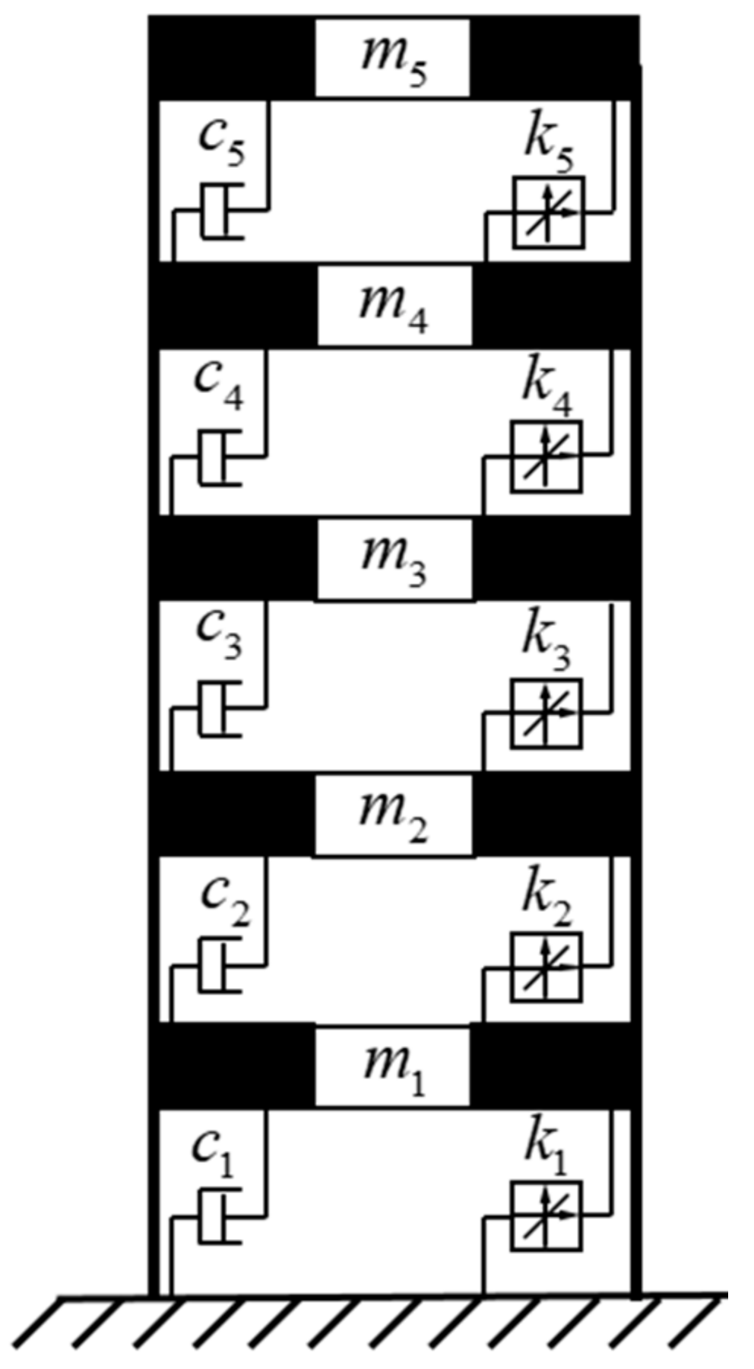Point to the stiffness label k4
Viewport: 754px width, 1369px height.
coord(546,387)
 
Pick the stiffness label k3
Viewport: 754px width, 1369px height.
coord(546,640)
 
